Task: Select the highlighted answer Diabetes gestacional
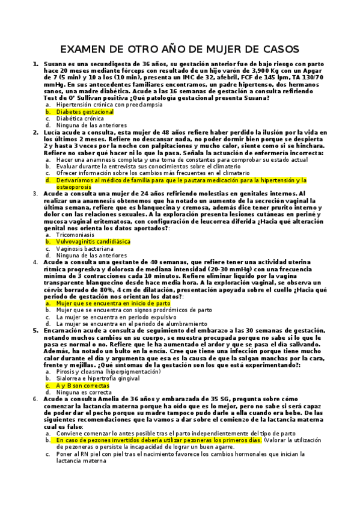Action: click(x=85, y=112)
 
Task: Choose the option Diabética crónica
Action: click(x=79, y=118)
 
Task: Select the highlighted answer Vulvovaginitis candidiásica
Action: click(x=93, y=241)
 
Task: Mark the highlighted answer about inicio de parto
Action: click(x=113, y=304)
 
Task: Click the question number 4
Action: click(x=35, y=262)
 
